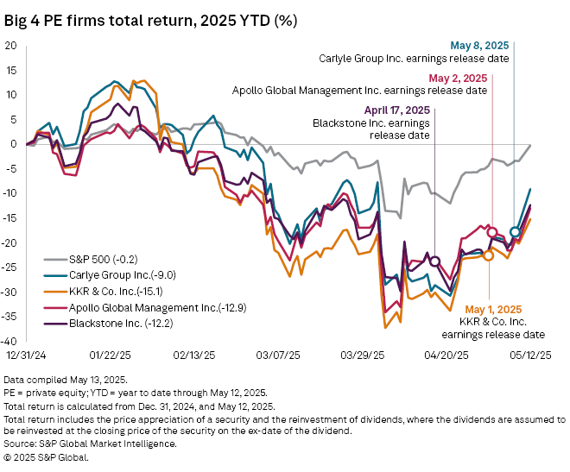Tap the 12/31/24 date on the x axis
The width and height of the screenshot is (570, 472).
click(x=26, y=355)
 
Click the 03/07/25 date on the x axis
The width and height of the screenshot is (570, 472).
click(x=277, y=355)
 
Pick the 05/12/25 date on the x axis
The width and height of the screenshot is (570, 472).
click(x=529, y=355)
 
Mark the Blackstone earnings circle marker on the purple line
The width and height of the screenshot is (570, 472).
click(x=435, y=261)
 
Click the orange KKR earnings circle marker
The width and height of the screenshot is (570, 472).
click(x=489, y=255)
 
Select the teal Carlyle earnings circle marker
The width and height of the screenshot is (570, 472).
click(x=515, y=231)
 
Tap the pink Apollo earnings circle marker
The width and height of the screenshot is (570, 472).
click(x=492, y=232)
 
